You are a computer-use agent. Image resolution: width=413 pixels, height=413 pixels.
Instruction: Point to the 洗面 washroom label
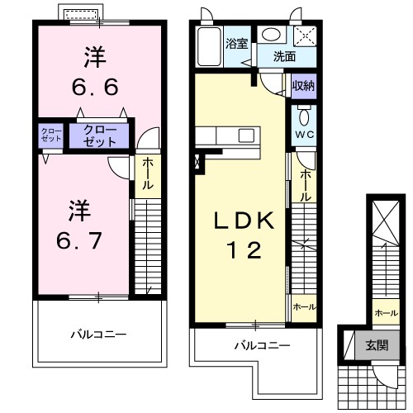(x=285, y=58)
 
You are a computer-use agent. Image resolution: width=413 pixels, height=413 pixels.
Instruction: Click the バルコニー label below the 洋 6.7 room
(x=97, y=335)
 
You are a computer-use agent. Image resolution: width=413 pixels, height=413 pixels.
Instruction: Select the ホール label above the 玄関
(x=384, y=313)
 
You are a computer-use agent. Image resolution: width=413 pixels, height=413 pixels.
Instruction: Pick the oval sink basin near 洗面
(x=270, y=35)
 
